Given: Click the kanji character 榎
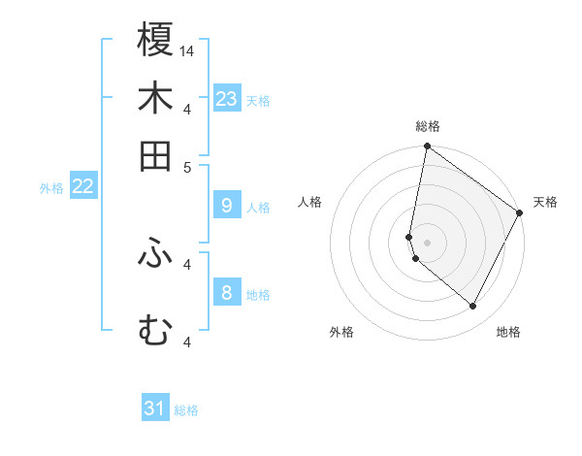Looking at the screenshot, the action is pos(155,41).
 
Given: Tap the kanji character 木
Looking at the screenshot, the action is pos(155,99).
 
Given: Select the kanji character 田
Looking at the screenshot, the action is pos(155,155).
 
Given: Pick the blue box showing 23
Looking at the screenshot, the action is pos(227,99).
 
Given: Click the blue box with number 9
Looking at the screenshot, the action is pos(227,206).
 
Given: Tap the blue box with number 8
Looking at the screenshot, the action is pos(227,292).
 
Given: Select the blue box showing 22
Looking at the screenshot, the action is pos(82,187).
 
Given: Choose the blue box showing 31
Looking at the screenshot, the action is pos(155,408).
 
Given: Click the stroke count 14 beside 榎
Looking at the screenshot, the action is pos(187,50).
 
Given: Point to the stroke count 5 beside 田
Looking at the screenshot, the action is pos(188,166).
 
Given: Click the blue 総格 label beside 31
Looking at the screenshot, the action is pos(186,410).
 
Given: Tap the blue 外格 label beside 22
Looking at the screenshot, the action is pos(51,188).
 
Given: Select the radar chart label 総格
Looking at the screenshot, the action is pos(428,126).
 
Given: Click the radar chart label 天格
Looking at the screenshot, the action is pos(545,202).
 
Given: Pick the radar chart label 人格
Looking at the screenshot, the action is pos(310,202).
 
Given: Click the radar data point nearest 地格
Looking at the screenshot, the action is pos(473,307).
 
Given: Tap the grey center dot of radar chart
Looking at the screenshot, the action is pos(428,243).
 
